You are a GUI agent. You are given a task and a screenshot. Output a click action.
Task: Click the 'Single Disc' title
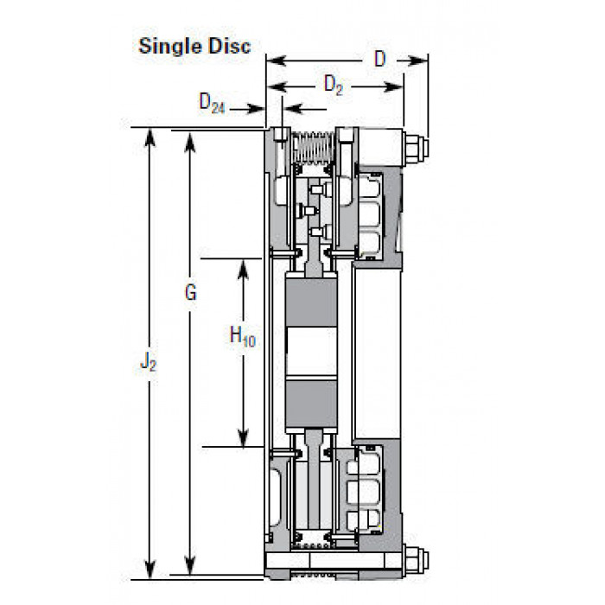click(x=194, y=46)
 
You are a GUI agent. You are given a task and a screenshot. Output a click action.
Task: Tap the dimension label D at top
click(x=380, y=59)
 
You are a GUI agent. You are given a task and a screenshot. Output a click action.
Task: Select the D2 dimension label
click(x=334, y=85)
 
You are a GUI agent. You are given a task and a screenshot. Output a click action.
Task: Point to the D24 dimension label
click(x=212, y=103)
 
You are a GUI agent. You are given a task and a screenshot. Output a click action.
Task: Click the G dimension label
click(x=191, y=292)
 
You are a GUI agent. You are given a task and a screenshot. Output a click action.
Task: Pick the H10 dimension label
click(x=242, y=335)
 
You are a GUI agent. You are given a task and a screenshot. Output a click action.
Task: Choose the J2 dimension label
click(x=148, y=362)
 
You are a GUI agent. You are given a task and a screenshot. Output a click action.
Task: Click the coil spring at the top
click(x=313, y=148)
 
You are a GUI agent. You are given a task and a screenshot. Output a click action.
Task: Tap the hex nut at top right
click(x=416, y=148)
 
